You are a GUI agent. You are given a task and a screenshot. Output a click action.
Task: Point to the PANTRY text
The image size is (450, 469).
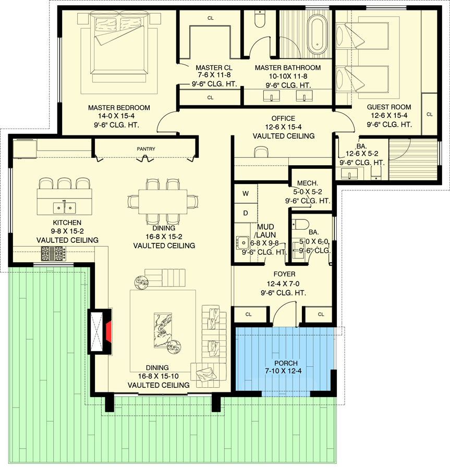[x=146, y=149]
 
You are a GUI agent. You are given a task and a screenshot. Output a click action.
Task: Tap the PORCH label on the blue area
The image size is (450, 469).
[x=286, y=363]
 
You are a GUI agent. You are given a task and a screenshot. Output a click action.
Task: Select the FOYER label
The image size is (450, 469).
[x=284, y=274]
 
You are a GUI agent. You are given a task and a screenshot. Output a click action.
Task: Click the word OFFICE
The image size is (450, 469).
[x=283, y=118]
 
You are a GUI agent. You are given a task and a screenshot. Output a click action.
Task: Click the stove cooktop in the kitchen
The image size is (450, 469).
[x=53, y=254]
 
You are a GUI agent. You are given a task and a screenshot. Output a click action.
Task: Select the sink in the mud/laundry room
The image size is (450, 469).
[x=242, y=242]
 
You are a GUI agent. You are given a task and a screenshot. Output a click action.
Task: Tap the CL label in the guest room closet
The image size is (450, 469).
[x=429, y=114]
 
